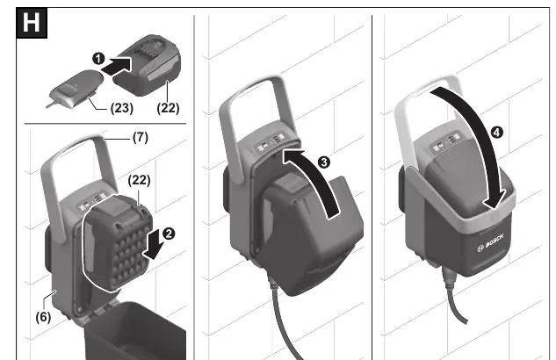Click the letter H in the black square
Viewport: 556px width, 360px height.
point(32,23)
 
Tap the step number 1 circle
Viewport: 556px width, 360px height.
point(98,59)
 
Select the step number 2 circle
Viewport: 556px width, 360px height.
point(169,234)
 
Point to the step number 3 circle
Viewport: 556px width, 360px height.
point(324,162)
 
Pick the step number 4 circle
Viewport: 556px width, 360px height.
point(497,133)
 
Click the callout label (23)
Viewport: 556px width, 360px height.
point(121,108)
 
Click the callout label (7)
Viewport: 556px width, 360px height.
point(141,137)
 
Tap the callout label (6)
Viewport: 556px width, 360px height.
point(43,317)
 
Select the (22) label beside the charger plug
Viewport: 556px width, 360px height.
point(168,108)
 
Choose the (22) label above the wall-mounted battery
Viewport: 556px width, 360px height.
point(139,180)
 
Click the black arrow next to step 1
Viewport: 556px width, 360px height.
point(117,66)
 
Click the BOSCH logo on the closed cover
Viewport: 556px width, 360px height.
point(490,243)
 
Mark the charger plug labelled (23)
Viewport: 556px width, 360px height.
point(76,89)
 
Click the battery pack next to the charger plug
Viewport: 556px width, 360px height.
point(147,65)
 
